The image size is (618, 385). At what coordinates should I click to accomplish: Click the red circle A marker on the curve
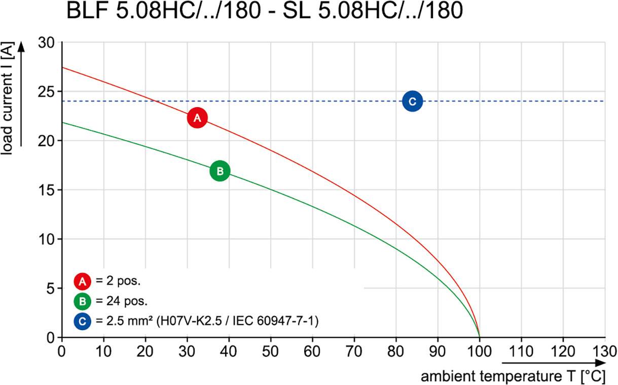pos(197,118)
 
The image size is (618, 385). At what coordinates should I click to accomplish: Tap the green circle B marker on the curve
pos(220,171)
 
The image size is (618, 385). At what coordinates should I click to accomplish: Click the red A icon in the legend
pos(82,281)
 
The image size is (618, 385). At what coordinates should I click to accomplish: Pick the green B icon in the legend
pos(82,301)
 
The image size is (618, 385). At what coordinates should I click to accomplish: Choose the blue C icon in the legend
pos(82,321)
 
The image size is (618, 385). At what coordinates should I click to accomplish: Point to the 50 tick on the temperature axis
pos(270,351)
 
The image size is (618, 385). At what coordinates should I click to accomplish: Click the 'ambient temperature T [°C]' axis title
pos(514,376)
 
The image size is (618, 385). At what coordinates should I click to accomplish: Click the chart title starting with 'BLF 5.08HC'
pos(264,12)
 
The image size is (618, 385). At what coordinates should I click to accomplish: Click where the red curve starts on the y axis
pos(62,68)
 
